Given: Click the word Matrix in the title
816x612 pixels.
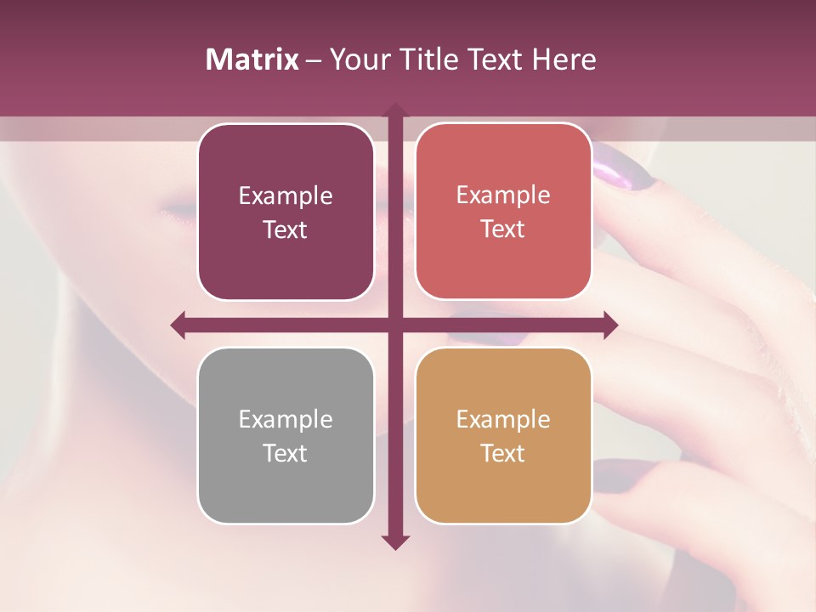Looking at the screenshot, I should [x=252, y=59].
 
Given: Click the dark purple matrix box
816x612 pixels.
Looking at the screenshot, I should [x=286, y=212].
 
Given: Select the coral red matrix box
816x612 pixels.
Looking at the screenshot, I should [x=503, y=212].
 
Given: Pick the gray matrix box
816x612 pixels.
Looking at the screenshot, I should [x=286, y=436].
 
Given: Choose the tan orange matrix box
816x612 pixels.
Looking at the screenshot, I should [x=503, y=436].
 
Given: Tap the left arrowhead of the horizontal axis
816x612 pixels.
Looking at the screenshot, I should [x=178, y=325].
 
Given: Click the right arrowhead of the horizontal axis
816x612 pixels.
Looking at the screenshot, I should [x=611, y=325].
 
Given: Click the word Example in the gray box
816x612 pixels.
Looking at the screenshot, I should [x=286, y=419].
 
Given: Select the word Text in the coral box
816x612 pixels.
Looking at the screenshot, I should [x=503, y=229].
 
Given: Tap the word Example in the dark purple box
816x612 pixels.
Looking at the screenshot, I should [x=286, y=195].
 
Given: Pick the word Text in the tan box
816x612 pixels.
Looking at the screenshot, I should [x=503, y=453].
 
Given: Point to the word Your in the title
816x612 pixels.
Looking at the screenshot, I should [x=358, y=59].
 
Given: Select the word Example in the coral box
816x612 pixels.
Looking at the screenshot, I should [x=503, y=195].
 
